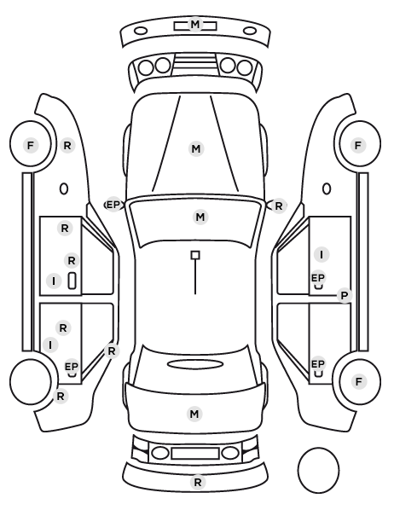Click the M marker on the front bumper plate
coord(195,25)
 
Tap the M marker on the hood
coord(196,149)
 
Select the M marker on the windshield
coord(200,217)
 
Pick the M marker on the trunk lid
coord(194,414)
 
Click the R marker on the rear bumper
coord(198,483)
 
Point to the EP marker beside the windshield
coord(113,205)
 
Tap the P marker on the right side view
coord(345,296)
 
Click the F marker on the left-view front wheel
coord(31,145)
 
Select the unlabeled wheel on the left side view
coord(31,381)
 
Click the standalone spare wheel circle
coord(318,470)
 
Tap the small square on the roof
coord(195,255)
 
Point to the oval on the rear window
coord(195,364)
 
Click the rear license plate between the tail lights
coord(195,454)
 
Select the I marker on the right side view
coord(322,254)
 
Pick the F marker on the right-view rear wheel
coord(358,381)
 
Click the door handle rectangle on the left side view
coord(72,281)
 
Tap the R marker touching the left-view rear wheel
coord(61,397)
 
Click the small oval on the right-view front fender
coord(327,188)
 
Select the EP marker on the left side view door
coord(72,367)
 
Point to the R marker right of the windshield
coord(279,206)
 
